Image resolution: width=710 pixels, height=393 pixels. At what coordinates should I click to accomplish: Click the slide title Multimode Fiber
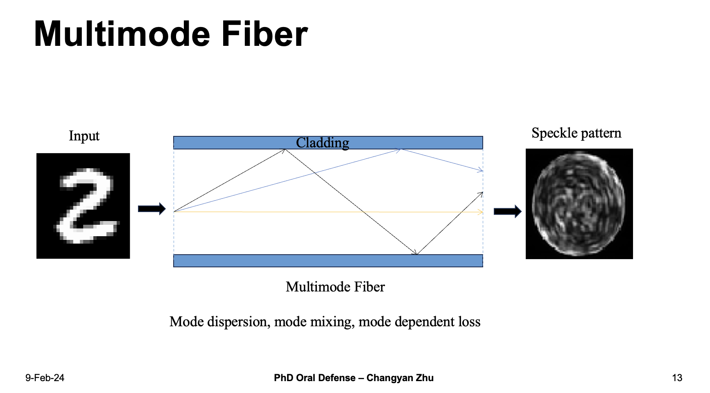point(171,34)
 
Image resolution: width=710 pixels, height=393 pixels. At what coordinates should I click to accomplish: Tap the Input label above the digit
point(84,136)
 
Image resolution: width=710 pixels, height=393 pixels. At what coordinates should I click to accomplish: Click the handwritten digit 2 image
point(83,206)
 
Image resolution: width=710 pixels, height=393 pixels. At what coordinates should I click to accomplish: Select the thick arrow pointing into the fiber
point(152,209)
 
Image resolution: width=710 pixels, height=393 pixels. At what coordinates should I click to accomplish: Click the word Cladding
point(323,143)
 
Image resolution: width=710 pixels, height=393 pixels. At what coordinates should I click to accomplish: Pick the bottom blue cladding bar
point(328,261)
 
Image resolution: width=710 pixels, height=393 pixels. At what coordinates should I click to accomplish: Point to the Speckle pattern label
point(577,133)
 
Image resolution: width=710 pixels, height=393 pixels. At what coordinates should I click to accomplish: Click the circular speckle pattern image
point(579,204)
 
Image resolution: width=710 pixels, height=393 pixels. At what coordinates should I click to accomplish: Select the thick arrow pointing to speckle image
point(508,212)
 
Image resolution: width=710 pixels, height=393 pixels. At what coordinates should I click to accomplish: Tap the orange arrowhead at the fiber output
point(481,212)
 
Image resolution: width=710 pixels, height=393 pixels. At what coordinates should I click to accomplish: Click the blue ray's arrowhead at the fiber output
point(481,170)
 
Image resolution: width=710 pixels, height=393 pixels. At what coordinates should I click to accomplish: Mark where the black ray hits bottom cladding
point(417,254)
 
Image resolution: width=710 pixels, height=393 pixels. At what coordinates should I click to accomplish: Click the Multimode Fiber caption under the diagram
point(335,287)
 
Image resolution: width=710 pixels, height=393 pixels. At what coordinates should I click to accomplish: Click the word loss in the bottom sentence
point(469,322)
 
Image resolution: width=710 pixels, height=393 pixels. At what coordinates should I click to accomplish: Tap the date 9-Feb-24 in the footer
point(45,378)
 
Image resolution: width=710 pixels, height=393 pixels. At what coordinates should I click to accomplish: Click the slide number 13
point(677,378)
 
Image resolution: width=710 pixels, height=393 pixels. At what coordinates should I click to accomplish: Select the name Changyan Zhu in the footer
point(400,378)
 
